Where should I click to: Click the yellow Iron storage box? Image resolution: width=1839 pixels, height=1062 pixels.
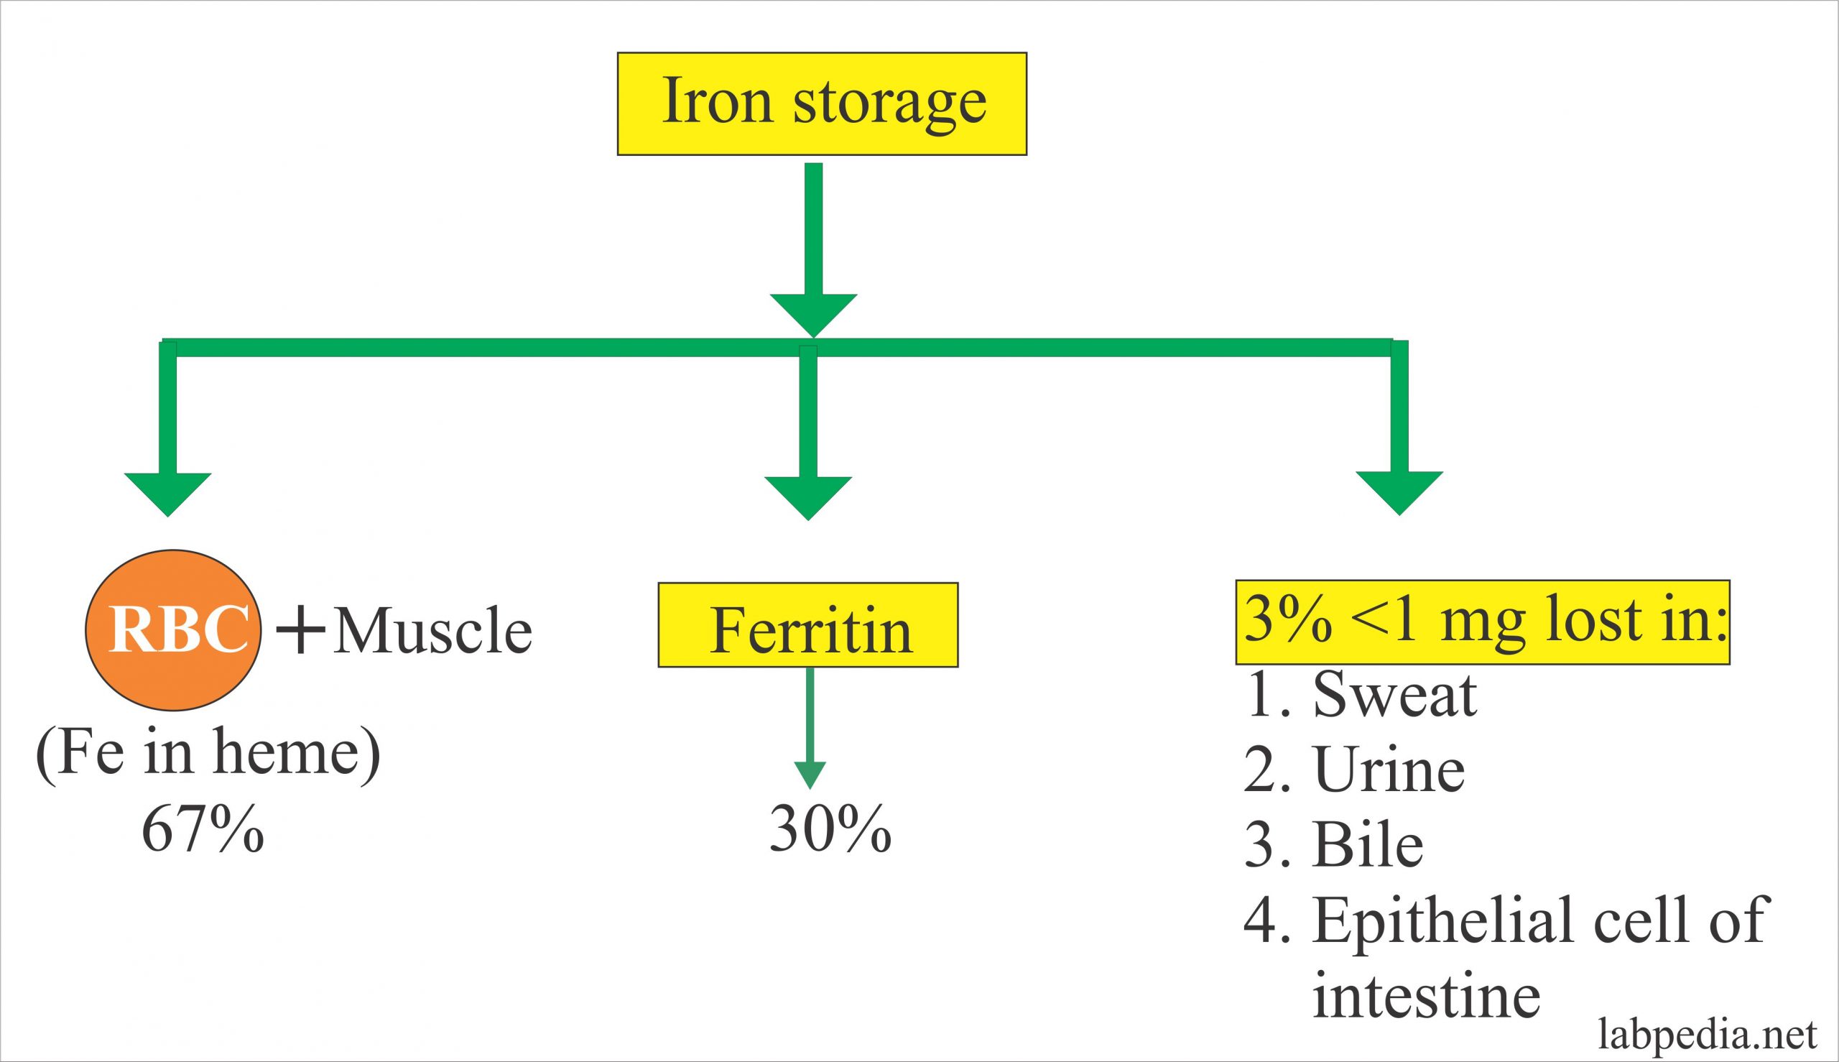tap(822, 103)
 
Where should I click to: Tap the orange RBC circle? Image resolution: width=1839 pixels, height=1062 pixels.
tap(173, 629)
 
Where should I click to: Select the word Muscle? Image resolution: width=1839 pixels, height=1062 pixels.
tap(432, 631)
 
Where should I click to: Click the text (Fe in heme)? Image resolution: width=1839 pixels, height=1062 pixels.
tap(208, 754)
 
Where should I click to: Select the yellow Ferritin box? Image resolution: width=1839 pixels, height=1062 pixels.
tap(808, 625)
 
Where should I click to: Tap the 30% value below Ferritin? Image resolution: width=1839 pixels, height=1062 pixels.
tap(830, 830)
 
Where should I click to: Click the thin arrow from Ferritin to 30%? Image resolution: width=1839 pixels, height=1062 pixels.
tap(810, 729)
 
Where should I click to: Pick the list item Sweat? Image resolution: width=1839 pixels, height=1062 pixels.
tap(1394, 695)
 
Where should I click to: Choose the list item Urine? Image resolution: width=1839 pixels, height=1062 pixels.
tap(1389, 770)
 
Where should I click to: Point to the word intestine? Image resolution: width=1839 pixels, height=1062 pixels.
tap(1426, 997)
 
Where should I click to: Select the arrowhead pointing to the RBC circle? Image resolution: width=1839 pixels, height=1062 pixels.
tap(167, 494)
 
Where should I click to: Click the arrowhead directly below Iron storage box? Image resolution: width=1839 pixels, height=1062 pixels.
tap(813, 315)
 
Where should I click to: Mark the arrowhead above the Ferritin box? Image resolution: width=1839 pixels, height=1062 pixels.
tap(808, 497)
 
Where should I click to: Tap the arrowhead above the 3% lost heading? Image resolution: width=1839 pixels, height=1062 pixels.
tap(1399, 493)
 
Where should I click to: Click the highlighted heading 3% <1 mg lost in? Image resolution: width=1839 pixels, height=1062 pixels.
tap(1483, 622)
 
